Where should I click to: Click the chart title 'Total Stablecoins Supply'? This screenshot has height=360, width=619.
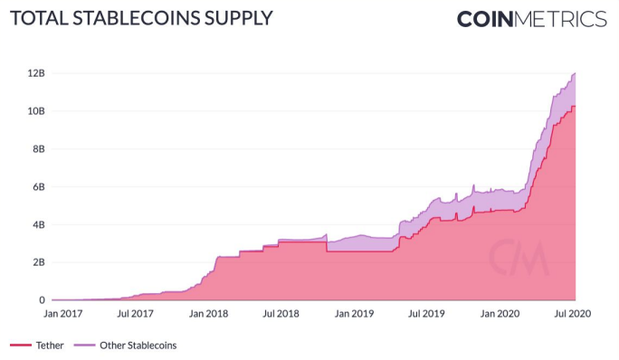point(141,19)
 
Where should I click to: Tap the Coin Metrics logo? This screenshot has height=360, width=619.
point(531,19)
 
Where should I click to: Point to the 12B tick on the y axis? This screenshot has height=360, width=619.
point(36,73)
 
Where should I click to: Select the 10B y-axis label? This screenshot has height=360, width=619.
point(36,111)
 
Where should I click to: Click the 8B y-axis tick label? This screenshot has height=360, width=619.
point(39,149)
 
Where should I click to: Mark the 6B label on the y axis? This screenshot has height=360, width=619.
point(39,186)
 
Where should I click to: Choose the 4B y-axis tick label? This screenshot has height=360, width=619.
point(39,224)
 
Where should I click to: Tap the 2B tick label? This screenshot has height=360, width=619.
point(39,262)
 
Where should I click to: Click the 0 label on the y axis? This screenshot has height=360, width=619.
point(42,300)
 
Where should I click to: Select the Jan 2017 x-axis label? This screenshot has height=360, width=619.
point(62,314)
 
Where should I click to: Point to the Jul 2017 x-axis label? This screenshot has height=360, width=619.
point(135,314)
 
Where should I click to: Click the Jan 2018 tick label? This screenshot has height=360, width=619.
point(208,314)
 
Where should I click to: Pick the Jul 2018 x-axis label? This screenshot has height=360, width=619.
point(281,314)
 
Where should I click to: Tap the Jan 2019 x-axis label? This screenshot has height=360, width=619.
point(354,314)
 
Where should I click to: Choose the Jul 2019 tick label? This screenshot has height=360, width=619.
point(426,314)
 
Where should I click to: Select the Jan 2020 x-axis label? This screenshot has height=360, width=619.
point(500,314)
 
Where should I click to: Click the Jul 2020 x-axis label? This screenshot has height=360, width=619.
point(573,314)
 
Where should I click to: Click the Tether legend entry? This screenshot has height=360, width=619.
point(37,346)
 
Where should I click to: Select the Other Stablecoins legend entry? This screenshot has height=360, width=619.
point(126,346)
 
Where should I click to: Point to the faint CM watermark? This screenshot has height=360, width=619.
point(519,258)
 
